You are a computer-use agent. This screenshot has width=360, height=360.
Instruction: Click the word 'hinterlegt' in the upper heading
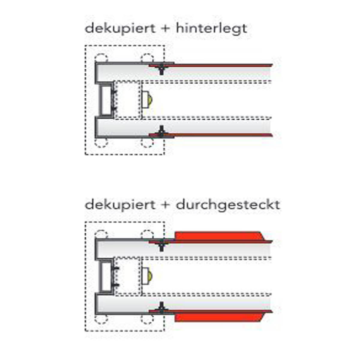coord(211,28)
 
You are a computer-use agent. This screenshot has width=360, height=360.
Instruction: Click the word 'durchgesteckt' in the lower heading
coord(228,205)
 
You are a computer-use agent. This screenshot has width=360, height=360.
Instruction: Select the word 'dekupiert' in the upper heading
coord(120,28)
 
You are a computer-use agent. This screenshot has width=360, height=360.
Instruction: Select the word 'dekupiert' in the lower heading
coord(120,205)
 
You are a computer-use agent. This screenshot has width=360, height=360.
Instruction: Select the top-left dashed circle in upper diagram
coord(101,58)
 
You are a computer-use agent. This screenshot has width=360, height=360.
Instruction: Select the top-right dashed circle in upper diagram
coord(147,58)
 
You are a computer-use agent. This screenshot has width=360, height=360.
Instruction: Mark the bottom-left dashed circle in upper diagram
coord(101,142)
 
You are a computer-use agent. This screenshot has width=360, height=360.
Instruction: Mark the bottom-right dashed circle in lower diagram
coord(147,319)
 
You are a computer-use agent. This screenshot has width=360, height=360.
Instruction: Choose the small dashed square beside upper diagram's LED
coord(128,100)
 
